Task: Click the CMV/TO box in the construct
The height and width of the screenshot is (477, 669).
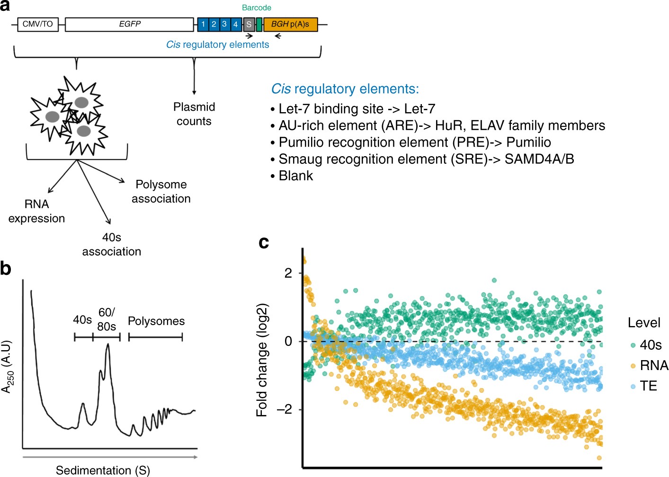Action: pos(38,24)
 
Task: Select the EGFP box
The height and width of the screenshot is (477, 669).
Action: pos(129,24)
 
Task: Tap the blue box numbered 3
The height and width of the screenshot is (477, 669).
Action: pos(224,24)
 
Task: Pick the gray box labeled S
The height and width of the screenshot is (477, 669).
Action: pos(249,24)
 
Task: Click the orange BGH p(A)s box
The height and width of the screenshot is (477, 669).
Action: pos(290,24)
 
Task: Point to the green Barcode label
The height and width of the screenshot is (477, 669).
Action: pos(257,8)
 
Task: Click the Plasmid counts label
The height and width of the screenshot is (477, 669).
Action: pos(194,114)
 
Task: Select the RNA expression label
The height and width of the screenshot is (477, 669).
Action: pos(36,212)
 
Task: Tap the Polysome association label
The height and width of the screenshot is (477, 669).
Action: pos(161,191)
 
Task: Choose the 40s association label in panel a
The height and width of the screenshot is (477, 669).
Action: pos(112,245)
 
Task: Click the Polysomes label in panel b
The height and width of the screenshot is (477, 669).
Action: pos(156,321)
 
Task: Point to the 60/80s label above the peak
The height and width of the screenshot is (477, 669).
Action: pos(107,319)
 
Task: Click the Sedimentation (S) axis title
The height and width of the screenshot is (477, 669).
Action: pos(103,470)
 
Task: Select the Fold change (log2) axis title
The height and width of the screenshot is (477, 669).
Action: pos(262,360)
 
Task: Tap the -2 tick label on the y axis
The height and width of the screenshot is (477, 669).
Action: pos(285,409)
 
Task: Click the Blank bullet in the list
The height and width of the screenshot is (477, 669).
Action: pos(292,176)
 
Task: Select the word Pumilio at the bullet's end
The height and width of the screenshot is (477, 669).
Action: pos(529,142)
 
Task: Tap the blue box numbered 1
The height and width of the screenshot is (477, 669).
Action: pos(203,24)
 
